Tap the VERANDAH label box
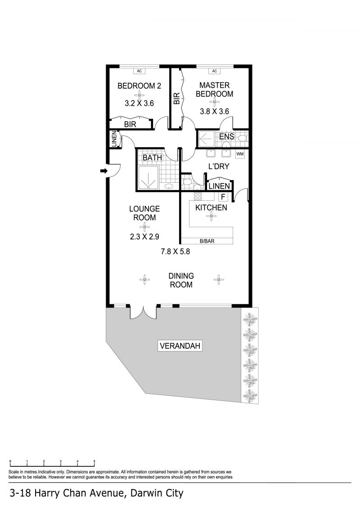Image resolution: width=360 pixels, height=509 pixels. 180,346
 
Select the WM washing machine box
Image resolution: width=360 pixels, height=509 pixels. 240,154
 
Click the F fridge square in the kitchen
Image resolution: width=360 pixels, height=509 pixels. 223,197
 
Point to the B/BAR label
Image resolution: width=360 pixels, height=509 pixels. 207,241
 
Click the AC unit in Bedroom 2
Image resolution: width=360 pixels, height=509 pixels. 139,71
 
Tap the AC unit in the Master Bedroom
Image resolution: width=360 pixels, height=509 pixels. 214,71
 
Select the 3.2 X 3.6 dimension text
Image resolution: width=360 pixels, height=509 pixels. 139,103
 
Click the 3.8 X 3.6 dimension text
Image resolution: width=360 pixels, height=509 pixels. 214,111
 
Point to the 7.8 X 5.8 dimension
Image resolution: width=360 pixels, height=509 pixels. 175,251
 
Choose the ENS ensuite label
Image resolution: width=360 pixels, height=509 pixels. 227,136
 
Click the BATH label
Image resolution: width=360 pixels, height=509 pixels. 152,158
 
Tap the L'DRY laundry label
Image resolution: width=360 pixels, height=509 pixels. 219,167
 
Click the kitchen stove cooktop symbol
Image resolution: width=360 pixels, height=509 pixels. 198,196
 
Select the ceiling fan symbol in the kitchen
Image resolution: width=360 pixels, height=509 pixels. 211,216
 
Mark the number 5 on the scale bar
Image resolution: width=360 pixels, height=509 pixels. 94,461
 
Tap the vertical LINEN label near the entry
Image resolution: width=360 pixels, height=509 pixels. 114,139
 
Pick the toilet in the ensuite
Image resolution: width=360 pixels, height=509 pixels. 242,138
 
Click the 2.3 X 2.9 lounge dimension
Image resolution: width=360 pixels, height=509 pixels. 144,237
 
